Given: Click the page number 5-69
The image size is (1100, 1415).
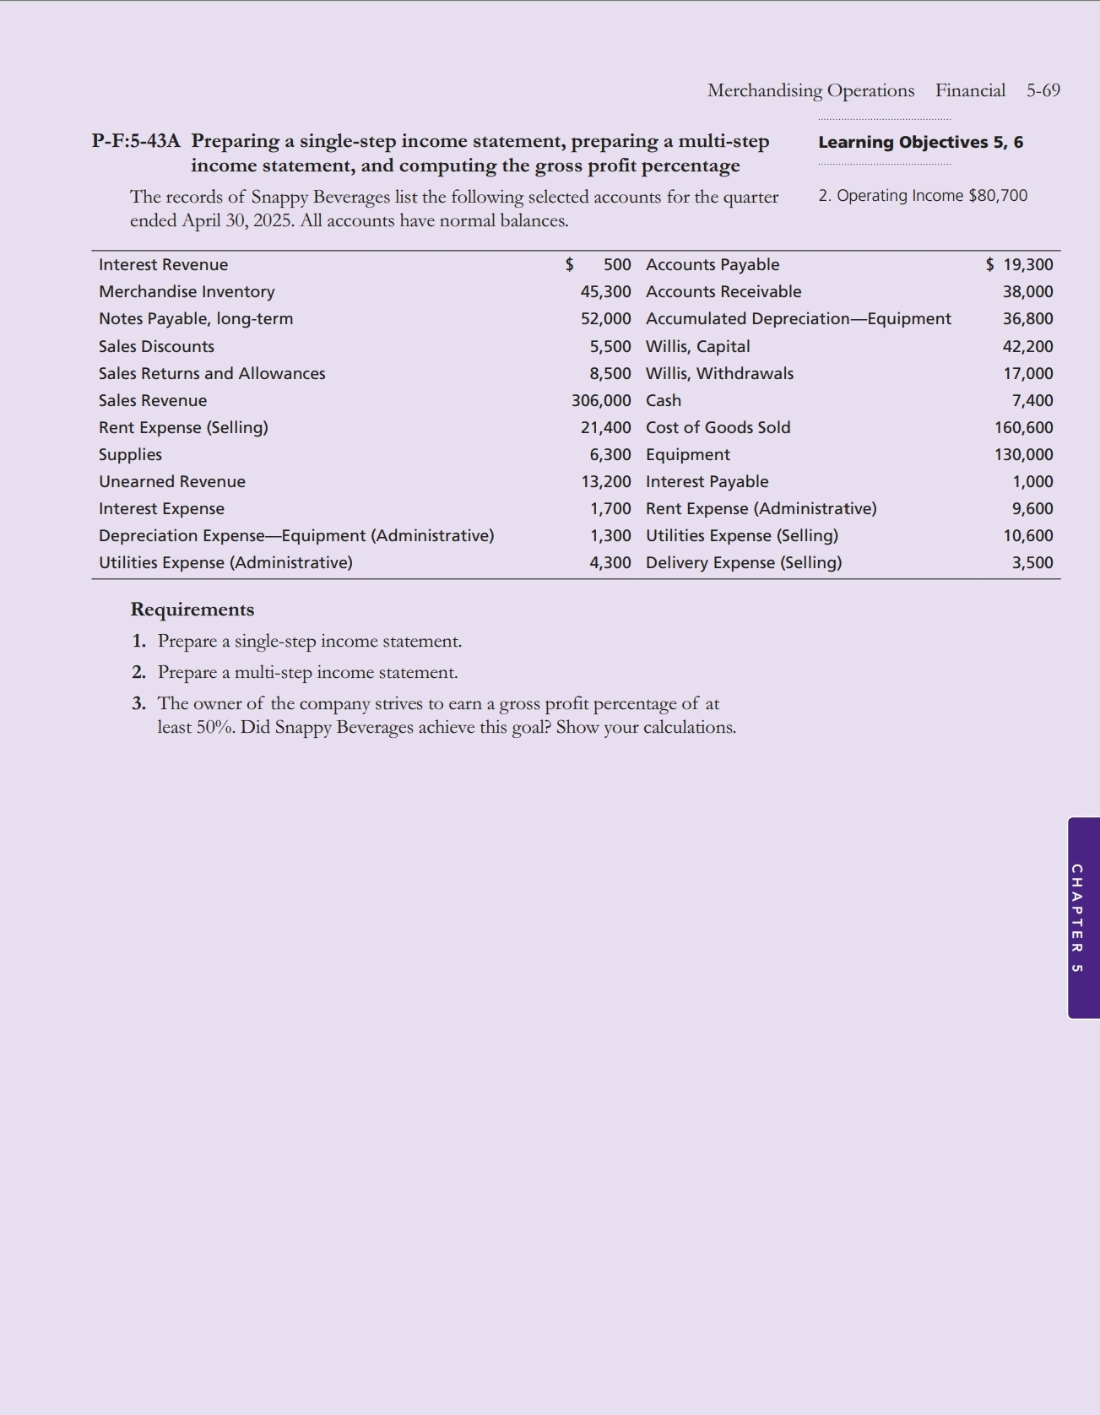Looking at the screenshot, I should [1043, 90].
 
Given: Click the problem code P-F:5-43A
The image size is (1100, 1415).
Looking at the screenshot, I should [136, 141].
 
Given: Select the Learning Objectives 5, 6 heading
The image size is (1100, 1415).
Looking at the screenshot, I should [920, 142].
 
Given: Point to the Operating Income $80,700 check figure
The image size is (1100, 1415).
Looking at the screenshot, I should [923, 196].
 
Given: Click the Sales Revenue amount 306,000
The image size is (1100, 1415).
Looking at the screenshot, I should [601, 400].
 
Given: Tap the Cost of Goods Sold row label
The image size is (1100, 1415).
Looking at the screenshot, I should [718, 427].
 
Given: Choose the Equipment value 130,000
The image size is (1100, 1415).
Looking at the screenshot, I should [1023, 454].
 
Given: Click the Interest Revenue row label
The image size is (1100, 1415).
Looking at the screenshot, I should [163, 264].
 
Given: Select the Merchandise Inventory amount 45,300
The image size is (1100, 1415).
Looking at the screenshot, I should [605, 291].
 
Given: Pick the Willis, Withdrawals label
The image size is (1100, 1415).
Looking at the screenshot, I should [719, 373].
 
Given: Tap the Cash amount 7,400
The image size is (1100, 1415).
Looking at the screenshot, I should [1032, 400].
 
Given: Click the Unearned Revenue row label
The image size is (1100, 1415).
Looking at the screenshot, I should [172, 481].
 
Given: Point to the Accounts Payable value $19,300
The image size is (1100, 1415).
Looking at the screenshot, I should [1020, 264].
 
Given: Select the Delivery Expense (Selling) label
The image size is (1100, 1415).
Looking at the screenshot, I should [744, 562].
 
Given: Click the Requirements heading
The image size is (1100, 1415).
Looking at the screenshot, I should [192, 610].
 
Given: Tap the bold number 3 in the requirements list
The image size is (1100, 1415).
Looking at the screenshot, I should [138, 703].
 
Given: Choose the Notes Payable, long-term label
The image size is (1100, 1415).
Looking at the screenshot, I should [196, 318].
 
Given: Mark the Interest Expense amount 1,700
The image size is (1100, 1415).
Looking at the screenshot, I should [610, 508].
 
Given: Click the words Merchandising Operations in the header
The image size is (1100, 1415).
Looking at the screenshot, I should [810, 90].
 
